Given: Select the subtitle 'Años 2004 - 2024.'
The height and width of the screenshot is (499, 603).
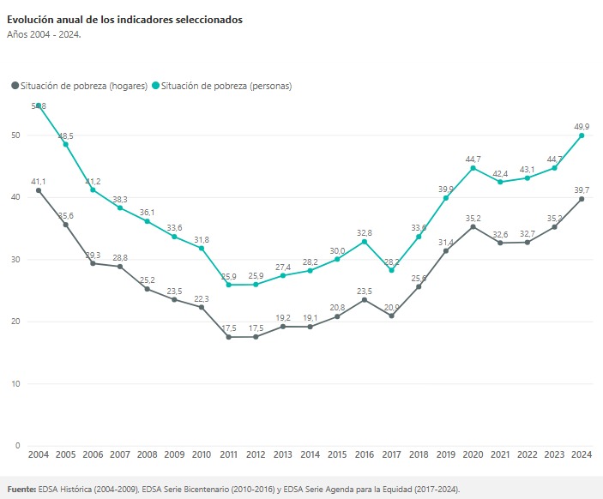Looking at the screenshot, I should pos(44,35).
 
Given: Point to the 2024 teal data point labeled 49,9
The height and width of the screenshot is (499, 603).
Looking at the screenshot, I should pos(582,135).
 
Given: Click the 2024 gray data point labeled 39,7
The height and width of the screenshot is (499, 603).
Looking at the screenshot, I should pos(582,199).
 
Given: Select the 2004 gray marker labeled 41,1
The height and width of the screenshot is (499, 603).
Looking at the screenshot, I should pos(39,190).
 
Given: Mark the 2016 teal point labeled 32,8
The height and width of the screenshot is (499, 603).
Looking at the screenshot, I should pos(365,242).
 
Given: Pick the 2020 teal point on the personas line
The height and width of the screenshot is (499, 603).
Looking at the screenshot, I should pos(473,168).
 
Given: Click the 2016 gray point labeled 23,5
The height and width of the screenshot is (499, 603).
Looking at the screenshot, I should pos(365,299).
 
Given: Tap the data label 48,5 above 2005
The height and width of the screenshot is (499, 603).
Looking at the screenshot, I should pos(65,135).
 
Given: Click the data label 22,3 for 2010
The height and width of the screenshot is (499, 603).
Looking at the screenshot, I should pos(202,298).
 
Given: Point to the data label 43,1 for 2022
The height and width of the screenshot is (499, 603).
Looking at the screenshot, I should pos(527,169).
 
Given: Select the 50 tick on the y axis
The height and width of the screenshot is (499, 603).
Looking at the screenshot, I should pos(15,135).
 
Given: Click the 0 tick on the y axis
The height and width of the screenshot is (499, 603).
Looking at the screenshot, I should pos(17,446).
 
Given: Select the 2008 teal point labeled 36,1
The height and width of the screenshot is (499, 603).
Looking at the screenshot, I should pos(147,221).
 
